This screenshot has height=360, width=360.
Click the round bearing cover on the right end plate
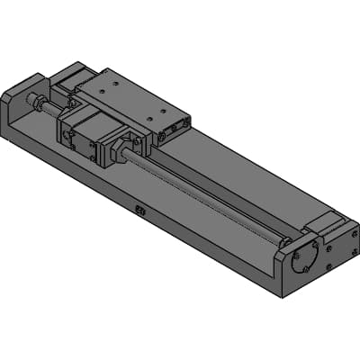click(x=303, y=256)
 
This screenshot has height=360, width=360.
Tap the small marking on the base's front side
click(x=139, y=211)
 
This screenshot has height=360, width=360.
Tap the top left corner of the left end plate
click(x=4, y=93)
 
